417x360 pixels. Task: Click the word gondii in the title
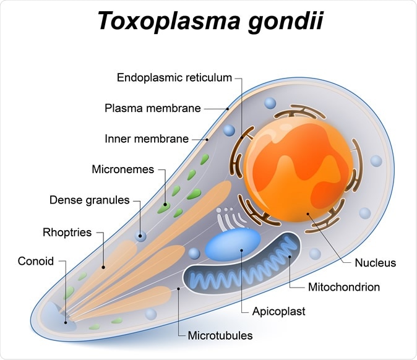pyautogui.click(x=282, y=23)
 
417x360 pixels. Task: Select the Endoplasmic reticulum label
pyautogui.click(x=174, y=78)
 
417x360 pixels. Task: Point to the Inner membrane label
pyautogui.click(x=147, y=139)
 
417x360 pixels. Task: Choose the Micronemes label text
pyautogui.click(x=123, y=169)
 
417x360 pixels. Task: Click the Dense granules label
pyautogui.click(x=90, y=200)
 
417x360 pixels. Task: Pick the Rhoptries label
pyautogui.click(x=67, y=233)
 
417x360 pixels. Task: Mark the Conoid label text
pyautogui.click(x=36, y=260)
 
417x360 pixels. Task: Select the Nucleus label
pyautogui.click(x=375, y=263)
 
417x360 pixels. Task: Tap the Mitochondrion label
pyautogui.click(x=343, y=287)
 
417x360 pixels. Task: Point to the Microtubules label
pyautogui.click(x=220, y=336)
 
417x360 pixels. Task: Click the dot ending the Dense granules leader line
pyautogui.click(x=141, y=235)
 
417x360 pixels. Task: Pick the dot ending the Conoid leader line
pyautogui.click(x=65, y=322)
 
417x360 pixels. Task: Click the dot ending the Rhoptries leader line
pyautogui.click(x=103, y=267)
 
